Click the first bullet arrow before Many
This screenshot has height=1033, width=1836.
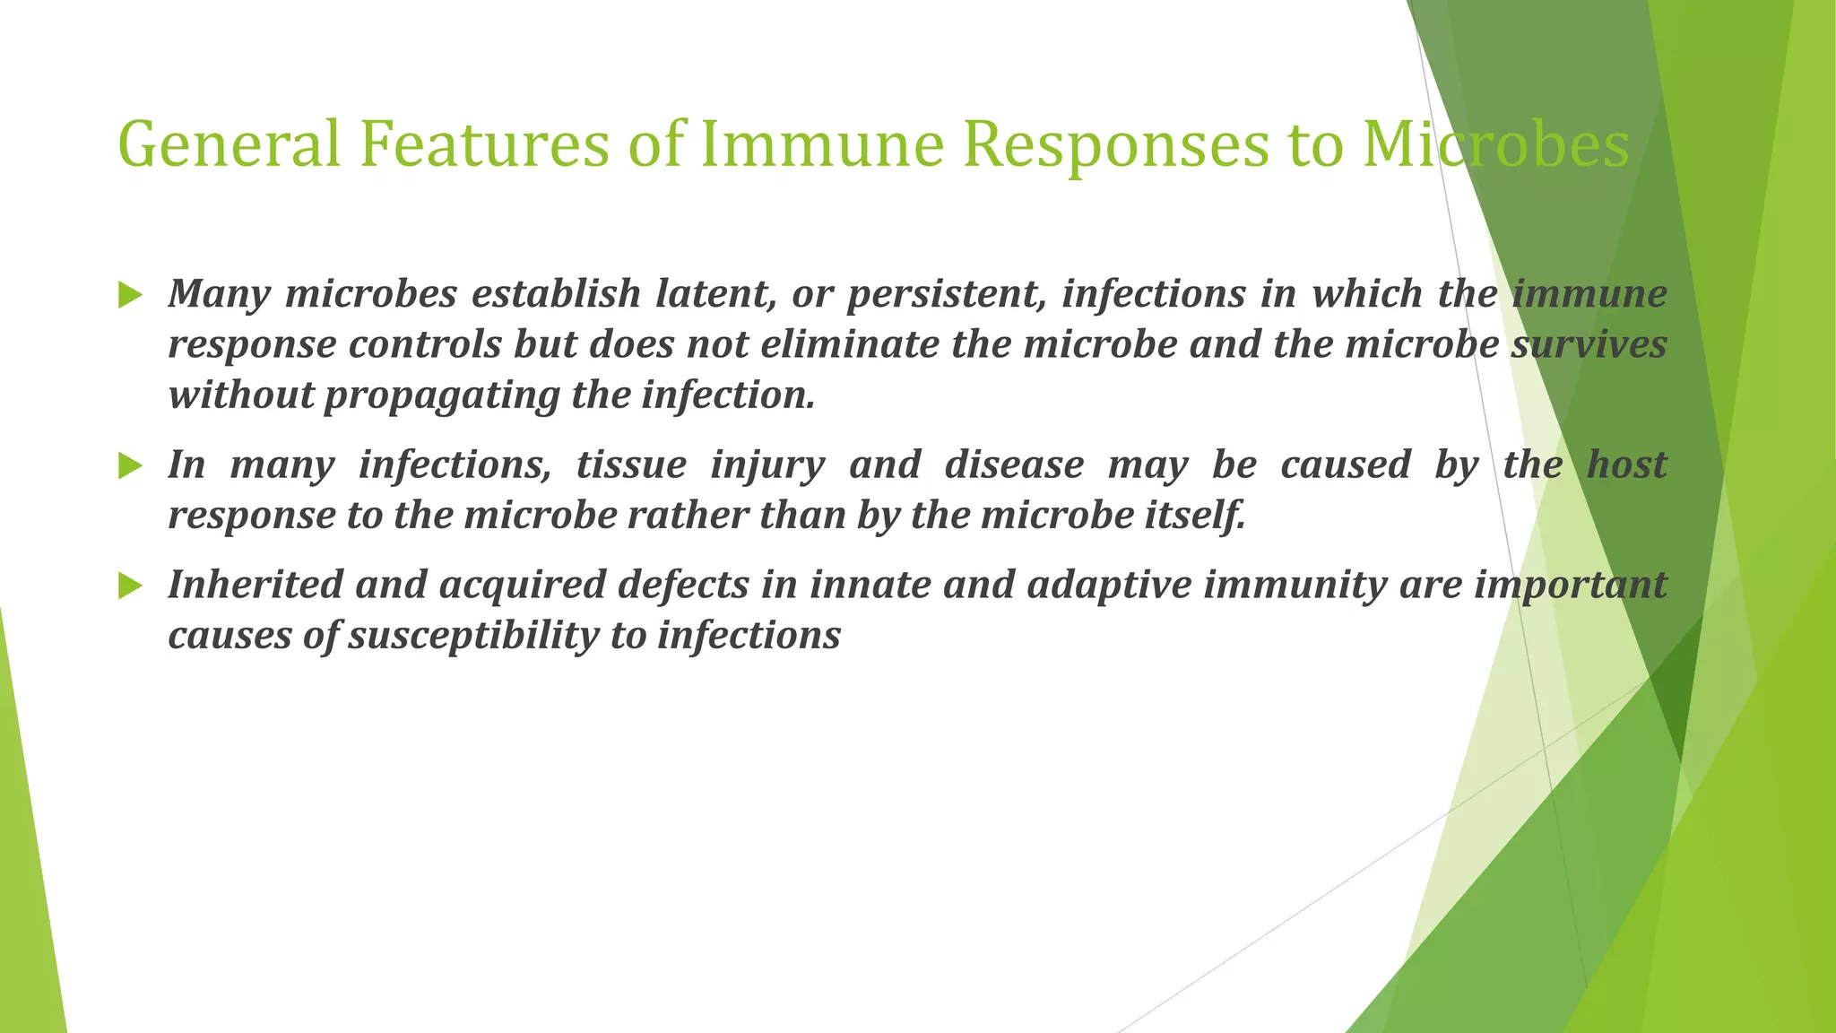[130, 295]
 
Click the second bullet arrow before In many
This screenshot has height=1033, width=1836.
[130, 465]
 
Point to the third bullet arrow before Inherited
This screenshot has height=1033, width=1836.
[130, 586]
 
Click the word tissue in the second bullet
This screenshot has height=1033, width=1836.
[631, 464]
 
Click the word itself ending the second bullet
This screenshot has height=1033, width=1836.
[1196, 516]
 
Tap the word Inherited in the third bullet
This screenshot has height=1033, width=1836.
[255, 585]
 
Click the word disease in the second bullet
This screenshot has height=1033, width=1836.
[1014, 464]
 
